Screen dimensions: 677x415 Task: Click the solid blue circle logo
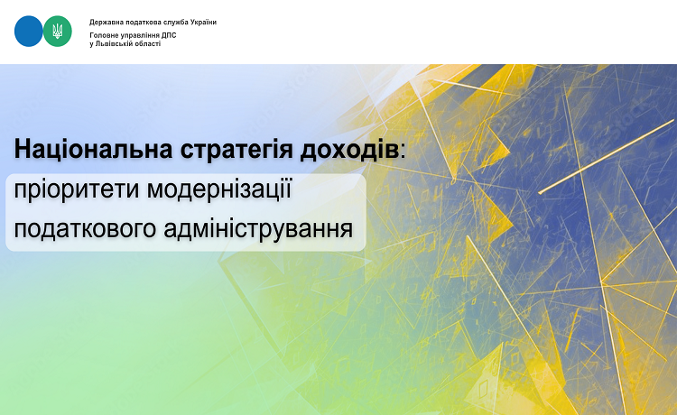click(x=29, y=31)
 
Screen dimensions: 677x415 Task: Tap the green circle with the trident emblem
click(x=58, y=31)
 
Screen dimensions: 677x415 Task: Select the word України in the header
click(x=203, y=22)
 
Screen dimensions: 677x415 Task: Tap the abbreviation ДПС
click(x=169, y=35)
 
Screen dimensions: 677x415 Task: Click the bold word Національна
click(x=93, y=149)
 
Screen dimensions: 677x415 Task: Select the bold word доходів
click(x=349, y=150)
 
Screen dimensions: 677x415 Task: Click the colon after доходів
click(x=403, y=152)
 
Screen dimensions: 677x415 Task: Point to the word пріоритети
click(x=77, y=189)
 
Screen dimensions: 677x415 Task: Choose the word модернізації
click(x=219, y=189)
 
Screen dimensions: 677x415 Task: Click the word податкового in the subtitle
click(x=85, y=228)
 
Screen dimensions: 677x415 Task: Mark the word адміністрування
click(x=258, y=228)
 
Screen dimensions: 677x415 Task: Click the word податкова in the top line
click(x=141, y=23)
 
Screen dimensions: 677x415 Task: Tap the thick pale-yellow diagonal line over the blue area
click(x=607, y=157)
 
